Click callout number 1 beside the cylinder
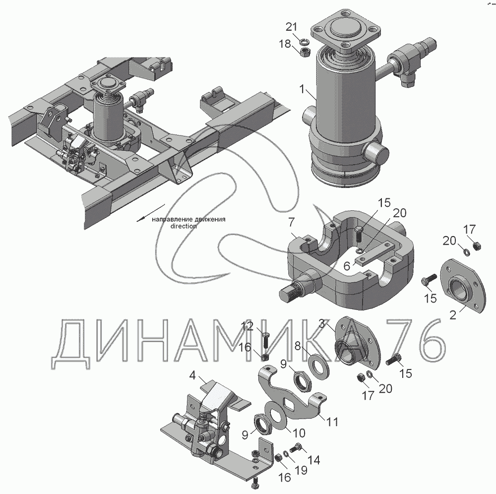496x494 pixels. pos(303,89)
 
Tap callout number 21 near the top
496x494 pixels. pos(291,27)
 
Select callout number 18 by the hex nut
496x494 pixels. pos(285,44)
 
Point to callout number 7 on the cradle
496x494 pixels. pos(291,222)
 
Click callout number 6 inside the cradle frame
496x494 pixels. pos(347,266)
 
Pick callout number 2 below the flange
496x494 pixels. pos(453,314)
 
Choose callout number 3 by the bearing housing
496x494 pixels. pos(322,323)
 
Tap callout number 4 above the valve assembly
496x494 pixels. pos(192,376)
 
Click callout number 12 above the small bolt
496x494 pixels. pos(247,326)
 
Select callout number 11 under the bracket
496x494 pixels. pos(332,422)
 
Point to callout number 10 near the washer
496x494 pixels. pos(299,432)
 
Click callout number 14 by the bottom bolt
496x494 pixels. pos(314,460)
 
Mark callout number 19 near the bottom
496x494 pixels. pos(302,470)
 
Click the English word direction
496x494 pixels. pos(184,226)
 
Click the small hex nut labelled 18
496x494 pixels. pos(305,52)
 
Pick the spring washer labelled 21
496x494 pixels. pos(305,41)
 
